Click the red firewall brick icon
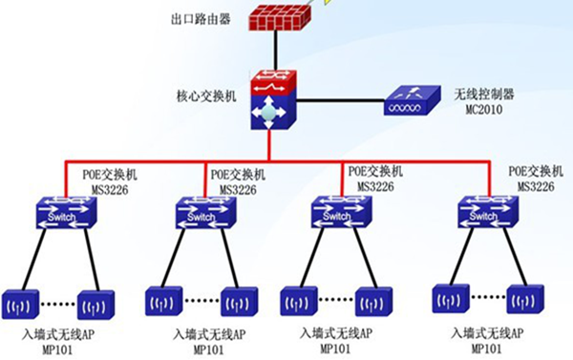click(x=275, y=16)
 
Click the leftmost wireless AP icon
click(x=20, y=307)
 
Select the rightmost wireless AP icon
click(x=523, y=299)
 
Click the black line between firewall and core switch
click(x=274, y=49)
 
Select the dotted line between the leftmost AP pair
click(x=58, y=307)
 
